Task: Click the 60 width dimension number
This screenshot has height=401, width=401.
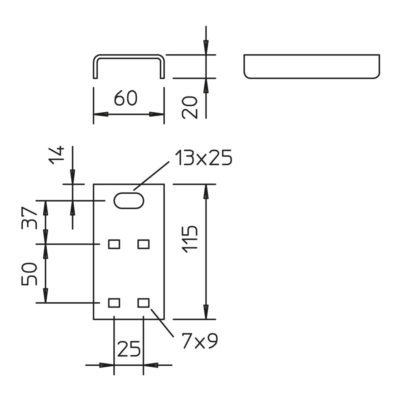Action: pos(125,98)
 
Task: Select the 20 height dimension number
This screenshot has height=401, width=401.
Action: pos(190,107)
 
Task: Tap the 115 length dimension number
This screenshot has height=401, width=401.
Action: pos(190,240)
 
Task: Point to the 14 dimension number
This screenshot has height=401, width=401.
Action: pos(56,155)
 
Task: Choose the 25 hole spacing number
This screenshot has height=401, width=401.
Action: pos(129,348)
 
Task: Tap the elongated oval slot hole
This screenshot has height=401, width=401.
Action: pos(129,200)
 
